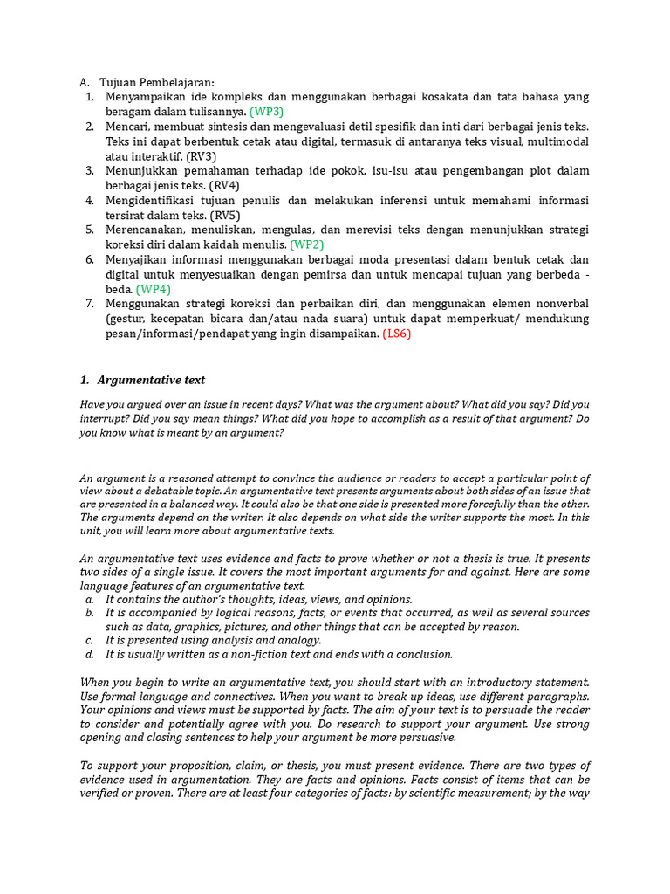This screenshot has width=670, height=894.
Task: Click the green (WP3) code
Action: click(x=266, y=112)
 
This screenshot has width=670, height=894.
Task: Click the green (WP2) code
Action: click(x=307, y=244)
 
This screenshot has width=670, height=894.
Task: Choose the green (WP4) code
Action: click(x=153, y=289)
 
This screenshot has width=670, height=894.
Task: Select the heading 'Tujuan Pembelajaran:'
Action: click(x=156, y=82)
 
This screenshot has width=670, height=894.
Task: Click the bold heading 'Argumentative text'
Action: click(x=152, y=380)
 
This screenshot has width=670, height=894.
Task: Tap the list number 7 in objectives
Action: click(x=89, y=304)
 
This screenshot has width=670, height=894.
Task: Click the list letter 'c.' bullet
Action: click(x=89, y=640)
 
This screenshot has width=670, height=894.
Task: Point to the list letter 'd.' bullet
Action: click(x=89, y=654)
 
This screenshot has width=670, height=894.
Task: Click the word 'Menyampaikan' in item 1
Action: click(x=146, y=97)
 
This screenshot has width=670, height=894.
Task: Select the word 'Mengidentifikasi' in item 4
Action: click(x=152, y=200)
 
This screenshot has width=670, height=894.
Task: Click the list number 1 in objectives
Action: click(x=89, y=97)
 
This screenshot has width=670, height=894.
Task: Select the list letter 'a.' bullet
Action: click(x=89, y=599)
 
